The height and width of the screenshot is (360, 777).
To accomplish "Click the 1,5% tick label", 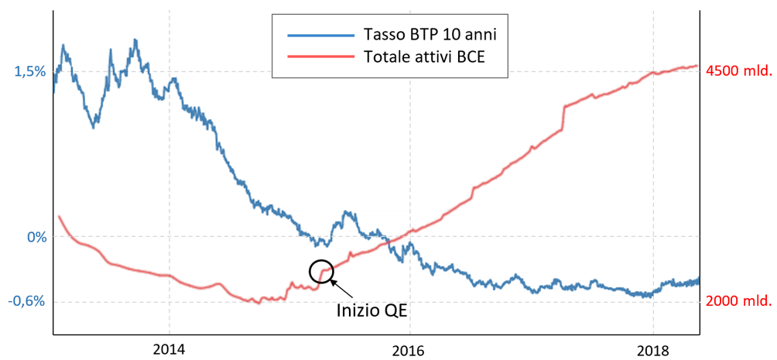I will click(31, 71).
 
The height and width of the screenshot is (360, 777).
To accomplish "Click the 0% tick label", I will click(37, 237).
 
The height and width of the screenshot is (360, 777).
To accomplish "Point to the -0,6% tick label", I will click(29, 301).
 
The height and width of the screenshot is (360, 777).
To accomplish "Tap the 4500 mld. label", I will click(738, 71).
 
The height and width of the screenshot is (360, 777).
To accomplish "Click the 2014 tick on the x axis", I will click(169, 348).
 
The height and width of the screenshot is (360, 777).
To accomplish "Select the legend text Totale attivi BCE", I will click(424, 57).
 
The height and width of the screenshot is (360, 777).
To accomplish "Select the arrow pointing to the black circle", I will click(344, 289).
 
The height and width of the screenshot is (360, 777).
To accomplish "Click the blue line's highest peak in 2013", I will click(135, 39).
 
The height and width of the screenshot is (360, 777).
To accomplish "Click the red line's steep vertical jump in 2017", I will click(564, 117).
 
